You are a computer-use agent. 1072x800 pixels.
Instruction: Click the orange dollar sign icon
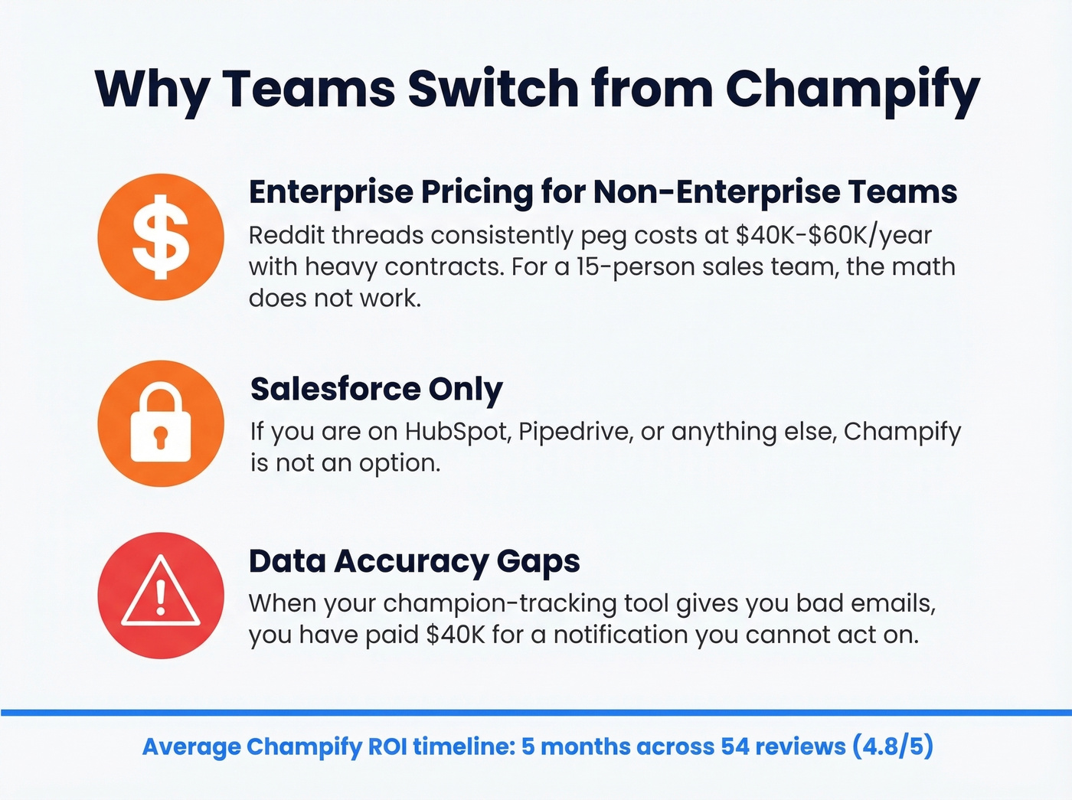click(x=161, y=237)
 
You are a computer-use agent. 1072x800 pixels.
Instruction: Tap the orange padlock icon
click(x=161, y=423)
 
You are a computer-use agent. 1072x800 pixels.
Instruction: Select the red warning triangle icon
click(x=161, y=595)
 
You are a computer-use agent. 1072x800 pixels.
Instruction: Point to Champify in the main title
click(x=852, y=90)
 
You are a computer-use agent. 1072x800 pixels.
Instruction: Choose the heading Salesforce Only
click(x=376, y=389)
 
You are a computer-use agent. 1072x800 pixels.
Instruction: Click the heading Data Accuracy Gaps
click(x=414, y=561)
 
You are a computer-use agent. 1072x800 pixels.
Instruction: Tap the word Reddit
click(x=286, y=235)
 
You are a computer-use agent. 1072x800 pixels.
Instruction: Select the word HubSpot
click(x=457, y=432)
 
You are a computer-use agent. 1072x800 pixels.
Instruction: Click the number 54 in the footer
click(x=735, y=746)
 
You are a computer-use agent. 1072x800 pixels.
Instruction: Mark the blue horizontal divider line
click(x=536, y=713)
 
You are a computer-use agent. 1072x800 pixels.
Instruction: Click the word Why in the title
click(x=152, y=90)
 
